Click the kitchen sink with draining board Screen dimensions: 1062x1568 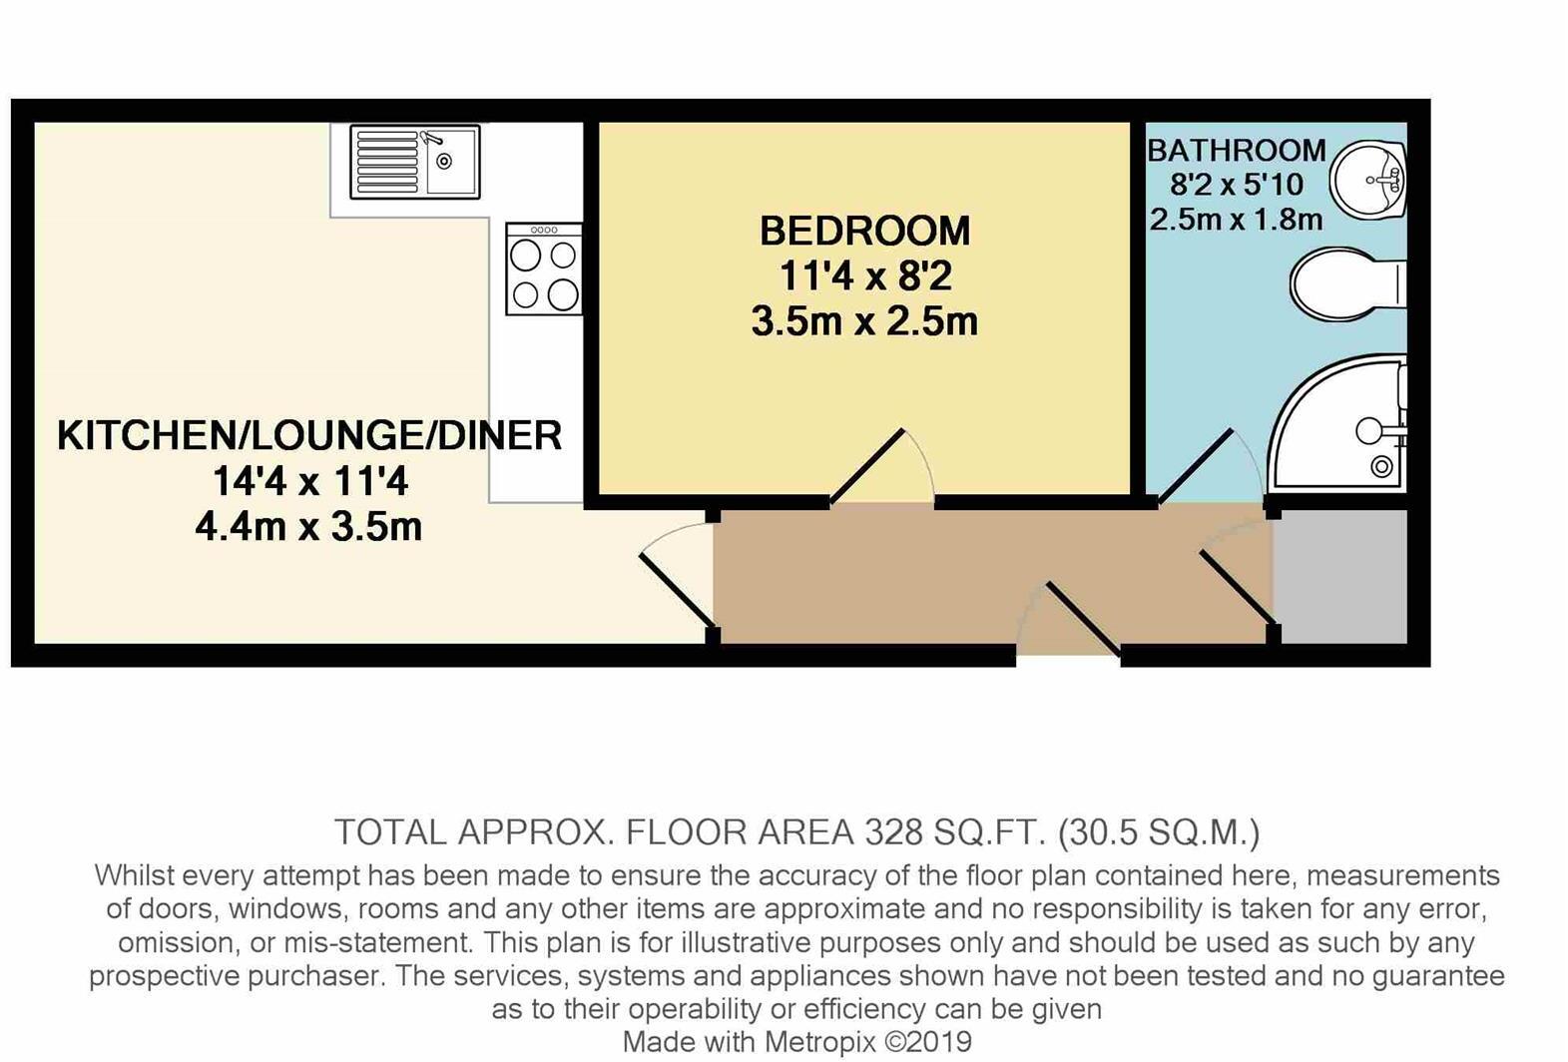(414, 162)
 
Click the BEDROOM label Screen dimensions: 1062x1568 (864, 232)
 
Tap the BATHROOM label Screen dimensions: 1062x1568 (1236, 151)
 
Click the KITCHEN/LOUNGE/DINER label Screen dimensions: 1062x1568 (309, 436)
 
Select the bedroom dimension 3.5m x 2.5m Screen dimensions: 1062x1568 (864, 321)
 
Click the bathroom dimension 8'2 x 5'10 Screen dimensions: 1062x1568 (1237, 185)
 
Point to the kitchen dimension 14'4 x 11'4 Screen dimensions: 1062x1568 (309, 482)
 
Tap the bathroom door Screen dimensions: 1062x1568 (1196, 465)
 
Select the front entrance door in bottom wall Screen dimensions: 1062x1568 (1082, 619)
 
